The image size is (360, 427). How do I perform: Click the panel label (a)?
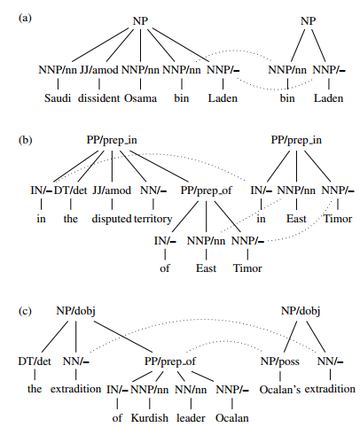coord(25,19)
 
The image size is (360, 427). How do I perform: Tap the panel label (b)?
coord(25,140)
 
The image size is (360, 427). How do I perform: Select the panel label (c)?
coord(25,311)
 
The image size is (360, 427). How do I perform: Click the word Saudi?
coord(58,98)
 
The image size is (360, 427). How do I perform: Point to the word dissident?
coord(98,98)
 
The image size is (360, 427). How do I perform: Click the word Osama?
coord(140,98)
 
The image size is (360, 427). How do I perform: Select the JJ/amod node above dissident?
coord(99,70)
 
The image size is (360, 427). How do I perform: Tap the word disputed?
coord(112,219)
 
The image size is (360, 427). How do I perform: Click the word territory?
coord(153,219)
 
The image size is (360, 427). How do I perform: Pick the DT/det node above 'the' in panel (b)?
coord(70,190)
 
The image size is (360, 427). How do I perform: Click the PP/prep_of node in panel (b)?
coord(207,190)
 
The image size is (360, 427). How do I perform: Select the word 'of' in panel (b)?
coord(165,268)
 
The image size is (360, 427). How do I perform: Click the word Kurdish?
coord(150,418)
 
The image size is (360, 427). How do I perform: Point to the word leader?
coord(191,418)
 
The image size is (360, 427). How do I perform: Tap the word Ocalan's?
coord(280,390)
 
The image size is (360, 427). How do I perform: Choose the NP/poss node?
coord(280,361)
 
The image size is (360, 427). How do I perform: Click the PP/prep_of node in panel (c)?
coord(170,361)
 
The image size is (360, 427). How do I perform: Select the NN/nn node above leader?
coord(191,390)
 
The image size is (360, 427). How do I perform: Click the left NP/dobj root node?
coord(75,311)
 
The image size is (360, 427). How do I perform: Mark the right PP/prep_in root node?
coord(296,140)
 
